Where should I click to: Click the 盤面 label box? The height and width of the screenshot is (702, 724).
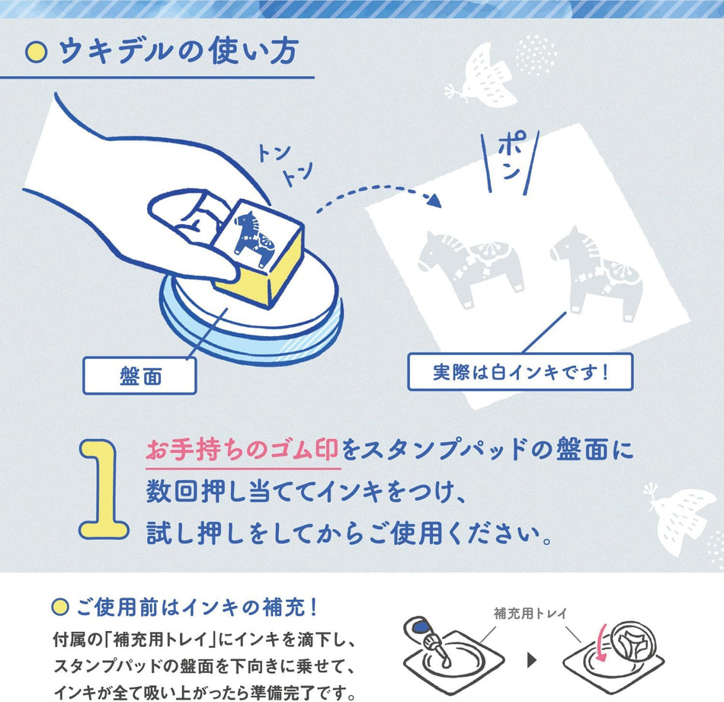click(x=140, y=376)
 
